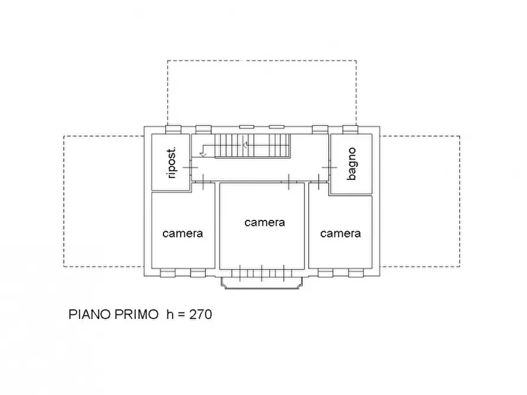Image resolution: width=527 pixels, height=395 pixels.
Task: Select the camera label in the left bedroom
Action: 182,233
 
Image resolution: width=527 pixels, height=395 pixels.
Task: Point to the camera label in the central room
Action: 264,222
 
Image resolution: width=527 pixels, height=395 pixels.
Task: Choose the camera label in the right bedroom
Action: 341,233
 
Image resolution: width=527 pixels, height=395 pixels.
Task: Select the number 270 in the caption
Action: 200,315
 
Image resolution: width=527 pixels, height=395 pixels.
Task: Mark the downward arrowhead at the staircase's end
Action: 202,154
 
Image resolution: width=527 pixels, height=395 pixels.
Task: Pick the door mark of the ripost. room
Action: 190,168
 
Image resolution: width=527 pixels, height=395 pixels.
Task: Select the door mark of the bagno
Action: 326,168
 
